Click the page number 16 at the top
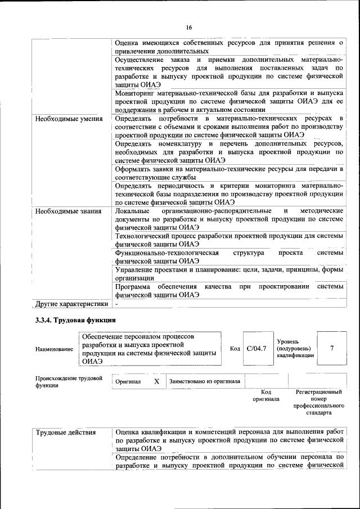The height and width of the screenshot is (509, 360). pos(189,28)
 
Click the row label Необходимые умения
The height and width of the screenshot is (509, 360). pos(69,119)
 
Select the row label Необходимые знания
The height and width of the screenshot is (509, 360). pos(68,211)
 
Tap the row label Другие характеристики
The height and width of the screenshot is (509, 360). pos(71,304)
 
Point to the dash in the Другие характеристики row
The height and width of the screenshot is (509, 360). pos(117,304)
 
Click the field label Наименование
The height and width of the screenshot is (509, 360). pos(55,349)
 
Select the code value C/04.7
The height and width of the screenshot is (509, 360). pos(256,349)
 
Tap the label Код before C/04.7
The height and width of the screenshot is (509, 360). pos(235,349)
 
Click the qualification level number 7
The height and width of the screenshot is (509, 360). pos(332,349)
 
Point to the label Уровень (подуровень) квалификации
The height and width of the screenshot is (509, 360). pos(294,349)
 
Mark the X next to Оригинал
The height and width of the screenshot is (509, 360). pos(156,381)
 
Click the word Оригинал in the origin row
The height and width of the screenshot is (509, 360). pos(128,381)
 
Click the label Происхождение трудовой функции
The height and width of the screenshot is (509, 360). pos(69,382)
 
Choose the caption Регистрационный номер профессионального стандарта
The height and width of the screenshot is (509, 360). pos(319,402)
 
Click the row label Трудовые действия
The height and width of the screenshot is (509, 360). pos(65,433)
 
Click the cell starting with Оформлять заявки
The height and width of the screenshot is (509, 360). pos(228,173)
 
